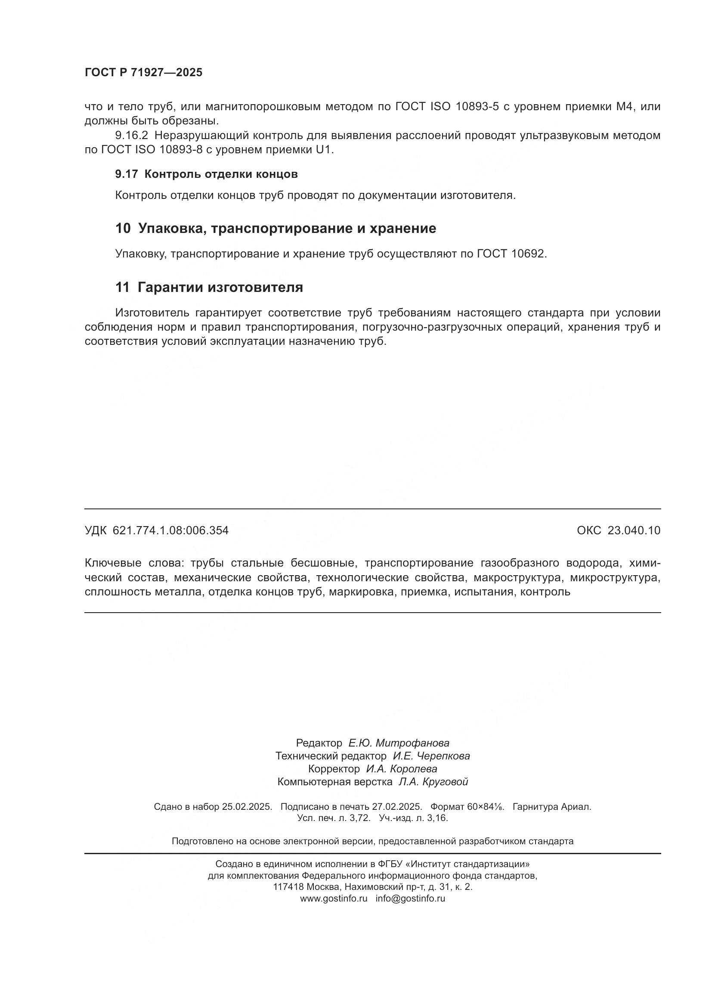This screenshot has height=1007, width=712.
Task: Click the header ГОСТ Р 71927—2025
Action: coord(143,72)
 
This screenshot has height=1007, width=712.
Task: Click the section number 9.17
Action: coord(126,174)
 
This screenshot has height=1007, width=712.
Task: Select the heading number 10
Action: coord(123,229)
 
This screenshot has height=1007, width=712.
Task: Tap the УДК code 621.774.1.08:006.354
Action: coord(170,531)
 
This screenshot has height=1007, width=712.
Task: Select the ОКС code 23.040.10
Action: coord(634,531)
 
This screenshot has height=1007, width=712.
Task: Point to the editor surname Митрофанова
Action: coord(412,743)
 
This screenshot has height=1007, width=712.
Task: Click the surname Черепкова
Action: coord(443,756)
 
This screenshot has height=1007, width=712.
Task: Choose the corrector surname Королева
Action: coord(413,769)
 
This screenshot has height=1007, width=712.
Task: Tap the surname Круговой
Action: coord(445,781)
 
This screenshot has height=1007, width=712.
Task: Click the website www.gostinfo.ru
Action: coord(334,898)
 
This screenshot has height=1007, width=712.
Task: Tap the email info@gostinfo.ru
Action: coord(410,898)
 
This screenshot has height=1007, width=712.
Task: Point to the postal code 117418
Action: coord(288,887)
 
